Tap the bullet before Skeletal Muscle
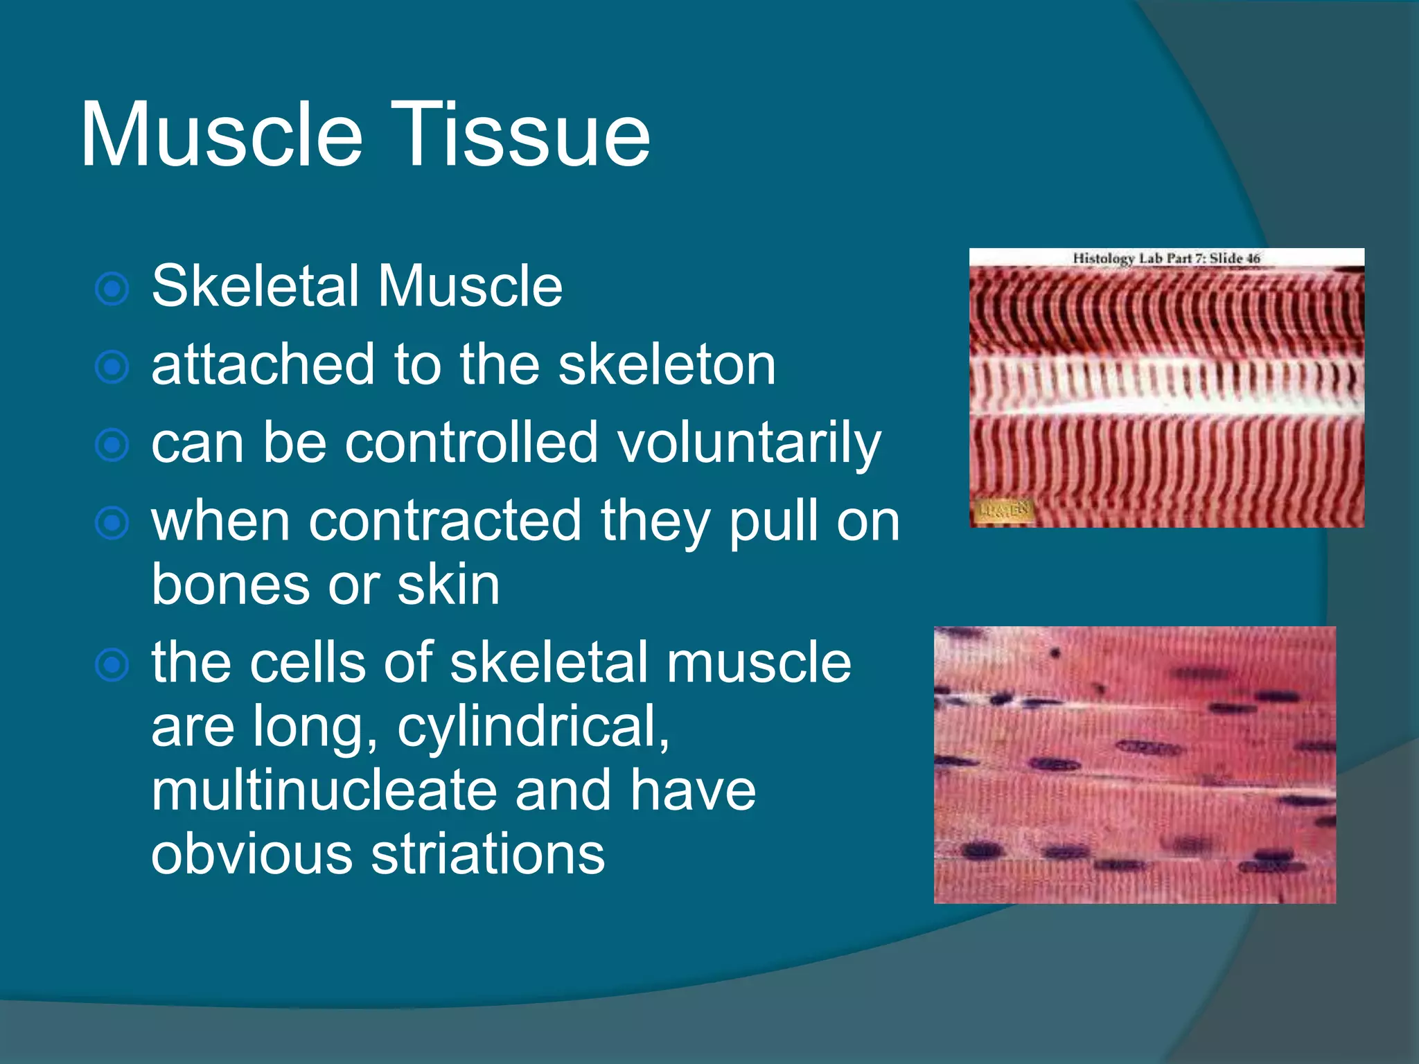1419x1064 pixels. (x=112, y=289)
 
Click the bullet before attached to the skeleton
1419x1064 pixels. (x=112, y=367)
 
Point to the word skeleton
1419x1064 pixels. (x=667, y=365)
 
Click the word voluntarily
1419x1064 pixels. (x=749, y=444)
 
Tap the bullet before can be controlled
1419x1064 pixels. (x=112, y=445)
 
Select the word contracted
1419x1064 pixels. (x=445, y=521)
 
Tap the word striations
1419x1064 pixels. (x=488, y=854)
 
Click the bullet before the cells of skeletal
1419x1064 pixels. (x=112, y=665)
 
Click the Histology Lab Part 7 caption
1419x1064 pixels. (x=1166, y=258)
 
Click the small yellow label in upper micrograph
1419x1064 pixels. (x=1004, y=511)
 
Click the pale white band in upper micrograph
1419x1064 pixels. (x=1166, y=388)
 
